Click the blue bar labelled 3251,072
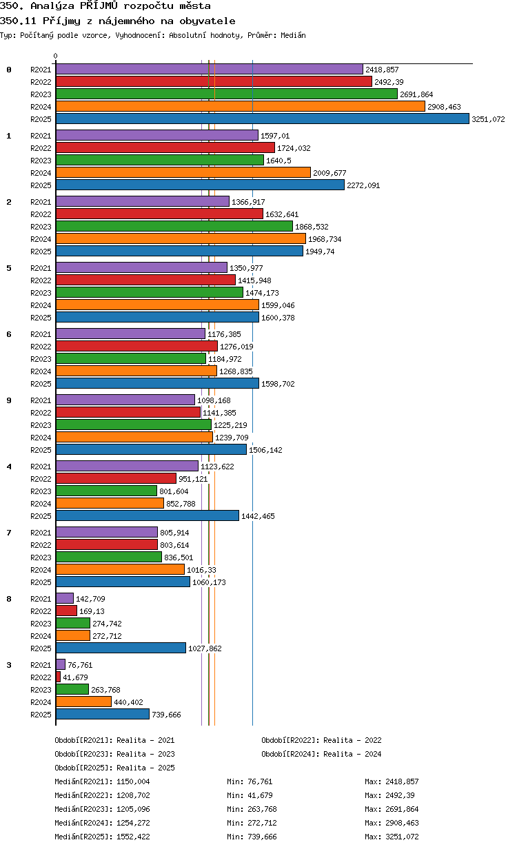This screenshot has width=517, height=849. (262, 119)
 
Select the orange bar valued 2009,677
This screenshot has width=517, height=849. (183, 172)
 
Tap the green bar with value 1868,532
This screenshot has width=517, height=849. (174, 226)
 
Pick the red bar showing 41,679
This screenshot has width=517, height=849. (58, 677)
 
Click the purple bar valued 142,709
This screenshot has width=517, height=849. (64, 598)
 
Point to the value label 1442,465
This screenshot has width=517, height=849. (258, 516)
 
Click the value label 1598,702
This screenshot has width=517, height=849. (278, 384)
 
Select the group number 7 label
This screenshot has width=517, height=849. (9, 533)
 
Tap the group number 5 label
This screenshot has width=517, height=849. (9, 268)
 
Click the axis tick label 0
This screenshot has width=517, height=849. (56, 56)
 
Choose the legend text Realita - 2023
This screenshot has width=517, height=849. (145, 754)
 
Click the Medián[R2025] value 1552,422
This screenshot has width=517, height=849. (133, 837)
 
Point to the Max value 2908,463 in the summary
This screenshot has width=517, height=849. (402, 823)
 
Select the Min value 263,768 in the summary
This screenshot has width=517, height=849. (260, 809)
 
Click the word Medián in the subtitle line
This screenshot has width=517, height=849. (293, 35)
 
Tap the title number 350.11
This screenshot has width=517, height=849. (18, 21)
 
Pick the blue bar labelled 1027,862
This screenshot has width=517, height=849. (121, 648)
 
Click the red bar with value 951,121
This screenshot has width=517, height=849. (116, 478)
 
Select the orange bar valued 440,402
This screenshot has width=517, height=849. (84, 702)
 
